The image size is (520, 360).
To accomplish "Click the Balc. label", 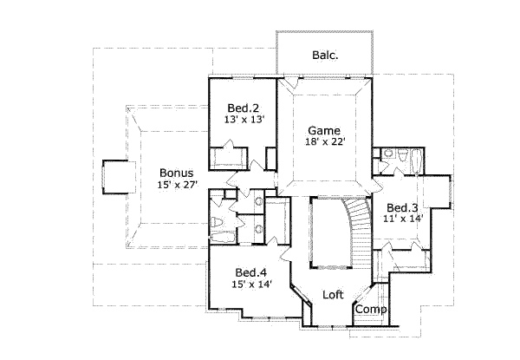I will click(325, 56).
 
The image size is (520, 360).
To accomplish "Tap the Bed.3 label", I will click(402, 207).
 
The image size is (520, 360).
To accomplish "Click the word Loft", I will click(334, 294).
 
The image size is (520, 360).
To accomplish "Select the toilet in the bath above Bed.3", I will click(391, 156).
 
